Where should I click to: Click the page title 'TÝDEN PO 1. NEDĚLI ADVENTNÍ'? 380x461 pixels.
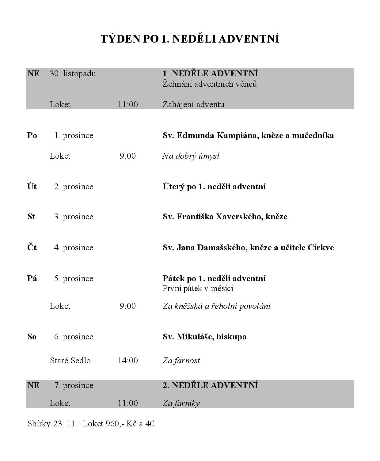(x=190, y=39)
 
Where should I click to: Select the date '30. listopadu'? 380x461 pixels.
(x=73, y=74)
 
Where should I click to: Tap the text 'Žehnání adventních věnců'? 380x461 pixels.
(x=209, y=84)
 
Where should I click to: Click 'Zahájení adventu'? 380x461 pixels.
(x=193, y=104)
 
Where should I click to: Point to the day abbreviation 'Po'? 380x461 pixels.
(x=32, y=135)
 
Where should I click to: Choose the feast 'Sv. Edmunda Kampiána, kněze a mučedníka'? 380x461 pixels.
(x=248, y=135)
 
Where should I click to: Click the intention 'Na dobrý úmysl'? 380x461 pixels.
(x=191, y=156)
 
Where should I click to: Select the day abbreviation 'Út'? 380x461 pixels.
(x=32, y=187)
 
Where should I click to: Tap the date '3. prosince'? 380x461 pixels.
(x=74, y=217)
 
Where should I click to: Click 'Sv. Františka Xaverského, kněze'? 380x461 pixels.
(x=225, y=217)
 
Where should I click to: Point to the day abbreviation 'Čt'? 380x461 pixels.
(x=32, y=248)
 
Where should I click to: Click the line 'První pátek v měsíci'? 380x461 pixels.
(x=198, y=288)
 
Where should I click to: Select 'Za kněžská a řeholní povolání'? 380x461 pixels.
(x=216, y=306)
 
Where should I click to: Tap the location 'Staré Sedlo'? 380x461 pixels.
(x=70, y=361)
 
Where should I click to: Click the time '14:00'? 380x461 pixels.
(x=128, y=361)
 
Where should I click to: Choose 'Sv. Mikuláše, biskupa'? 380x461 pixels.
(x=204, y=337)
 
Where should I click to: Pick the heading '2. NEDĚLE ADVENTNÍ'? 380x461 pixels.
(x=210, y=385)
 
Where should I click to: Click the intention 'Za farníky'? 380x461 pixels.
(x=181, y=403)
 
